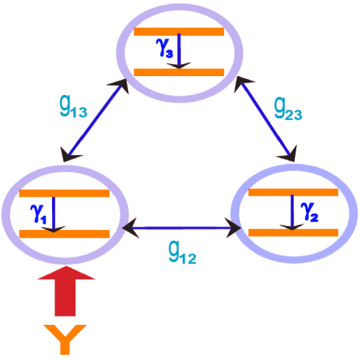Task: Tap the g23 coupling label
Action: tap(288, 110)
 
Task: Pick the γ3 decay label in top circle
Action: tap(164, 48)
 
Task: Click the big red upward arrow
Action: tap(66, 292)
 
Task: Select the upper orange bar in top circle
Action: tap(179, 31)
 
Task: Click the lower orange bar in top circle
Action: tap(179, 72)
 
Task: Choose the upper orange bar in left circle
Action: tap(64, 193)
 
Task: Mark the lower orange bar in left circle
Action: tap(64, 233)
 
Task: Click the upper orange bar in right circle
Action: tap(294, 192)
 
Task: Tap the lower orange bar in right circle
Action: tap(294, 232)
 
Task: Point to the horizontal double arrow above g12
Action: tap(182, 227)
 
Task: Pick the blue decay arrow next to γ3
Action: tap(180, 51)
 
